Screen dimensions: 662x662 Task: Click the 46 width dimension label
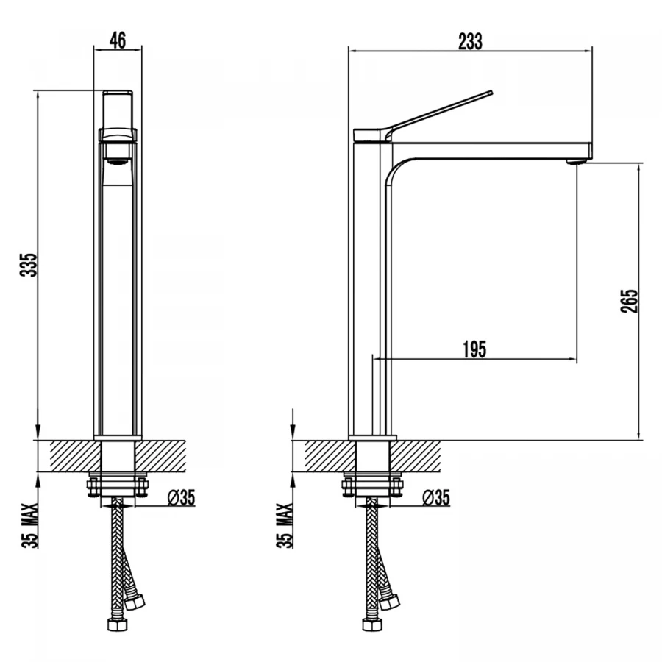click(x=118, y=40)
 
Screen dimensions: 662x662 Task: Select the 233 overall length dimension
click(x=470, y=41)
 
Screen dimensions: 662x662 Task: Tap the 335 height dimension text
click(x=29, y=265)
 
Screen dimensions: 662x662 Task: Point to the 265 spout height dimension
click(x=629, y=301)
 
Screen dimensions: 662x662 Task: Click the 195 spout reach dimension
click(x=474, y=349)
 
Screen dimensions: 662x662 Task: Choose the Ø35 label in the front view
click(x=182, y=498)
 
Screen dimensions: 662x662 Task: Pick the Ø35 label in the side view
click(x=436, y=498)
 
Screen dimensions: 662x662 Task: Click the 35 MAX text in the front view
click(x=30, y=526)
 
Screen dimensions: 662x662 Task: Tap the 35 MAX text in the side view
click(x=285, y=526)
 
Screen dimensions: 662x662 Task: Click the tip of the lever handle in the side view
click(x=491, y=93)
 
